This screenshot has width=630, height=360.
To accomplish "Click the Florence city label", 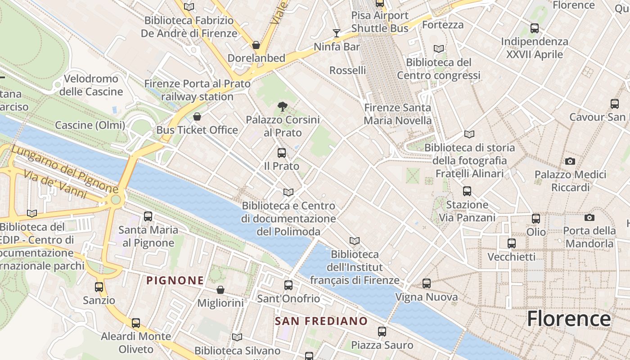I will click(569, 319).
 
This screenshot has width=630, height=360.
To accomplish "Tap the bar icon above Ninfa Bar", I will click(337, 33).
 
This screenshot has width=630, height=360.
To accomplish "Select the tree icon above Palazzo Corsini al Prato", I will click(283, 107).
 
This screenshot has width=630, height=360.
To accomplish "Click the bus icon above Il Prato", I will click(282, 153).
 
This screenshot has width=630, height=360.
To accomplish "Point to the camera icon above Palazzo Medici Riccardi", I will click(570, 161).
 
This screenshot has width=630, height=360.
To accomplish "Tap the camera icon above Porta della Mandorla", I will click(589, 218).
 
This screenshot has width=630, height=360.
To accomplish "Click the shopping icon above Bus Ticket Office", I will click(197, 117).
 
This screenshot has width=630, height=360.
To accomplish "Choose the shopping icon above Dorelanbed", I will click(256, 45).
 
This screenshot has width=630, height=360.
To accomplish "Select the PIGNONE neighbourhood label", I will click(175, 280).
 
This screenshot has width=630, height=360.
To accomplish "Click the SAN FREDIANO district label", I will click(321, 321).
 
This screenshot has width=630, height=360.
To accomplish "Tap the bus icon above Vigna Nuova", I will click(427, 283).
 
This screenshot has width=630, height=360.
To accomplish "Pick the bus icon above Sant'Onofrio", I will click(288, 285).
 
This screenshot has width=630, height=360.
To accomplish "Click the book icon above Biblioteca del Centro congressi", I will click(439, 49).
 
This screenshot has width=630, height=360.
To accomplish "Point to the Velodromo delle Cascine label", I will click(91, 85).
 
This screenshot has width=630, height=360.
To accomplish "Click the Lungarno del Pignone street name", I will click(65, 168).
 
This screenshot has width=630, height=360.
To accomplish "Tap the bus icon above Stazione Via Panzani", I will click(467, 191).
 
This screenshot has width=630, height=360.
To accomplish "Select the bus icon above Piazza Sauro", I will click(382, 332).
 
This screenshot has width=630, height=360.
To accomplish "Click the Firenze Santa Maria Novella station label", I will click(397, 114).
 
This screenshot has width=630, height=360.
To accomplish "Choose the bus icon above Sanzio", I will click(99, 287).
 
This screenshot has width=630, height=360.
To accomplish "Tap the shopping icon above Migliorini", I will click(220, 290).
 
